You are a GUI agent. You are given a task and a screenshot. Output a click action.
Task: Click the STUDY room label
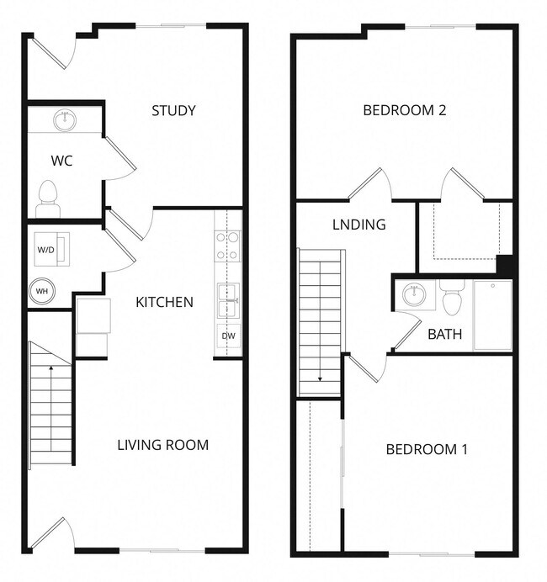tap(173, 110)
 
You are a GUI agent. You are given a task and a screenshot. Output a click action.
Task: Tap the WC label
tap(61, 161)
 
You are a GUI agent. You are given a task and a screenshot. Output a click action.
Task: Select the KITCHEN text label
tap(165, 302)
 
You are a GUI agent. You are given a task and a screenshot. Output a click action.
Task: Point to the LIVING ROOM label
tap(162, 444)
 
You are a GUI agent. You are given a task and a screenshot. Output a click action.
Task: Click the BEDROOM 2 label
tap(404, 110)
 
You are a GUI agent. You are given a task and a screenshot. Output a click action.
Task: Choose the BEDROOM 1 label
tap(426, 449)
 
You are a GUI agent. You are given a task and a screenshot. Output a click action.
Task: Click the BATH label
tap(444, 334)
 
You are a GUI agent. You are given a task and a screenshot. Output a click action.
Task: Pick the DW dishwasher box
tap(228, 336)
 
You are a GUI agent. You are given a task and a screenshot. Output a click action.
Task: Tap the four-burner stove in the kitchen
tap(227, 245)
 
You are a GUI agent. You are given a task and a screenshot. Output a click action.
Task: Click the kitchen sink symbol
tap(228, 298)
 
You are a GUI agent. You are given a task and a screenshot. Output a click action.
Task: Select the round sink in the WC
tap(64, 119)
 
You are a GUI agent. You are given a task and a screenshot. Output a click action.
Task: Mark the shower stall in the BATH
tap(492, 315)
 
